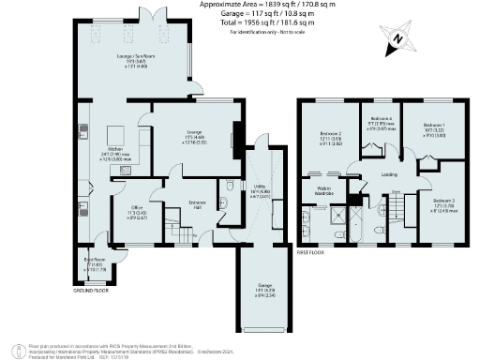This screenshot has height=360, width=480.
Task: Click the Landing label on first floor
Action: point(377,174)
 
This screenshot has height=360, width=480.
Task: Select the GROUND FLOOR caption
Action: point(89,291)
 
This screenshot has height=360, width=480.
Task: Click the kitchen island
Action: point(119,134)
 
